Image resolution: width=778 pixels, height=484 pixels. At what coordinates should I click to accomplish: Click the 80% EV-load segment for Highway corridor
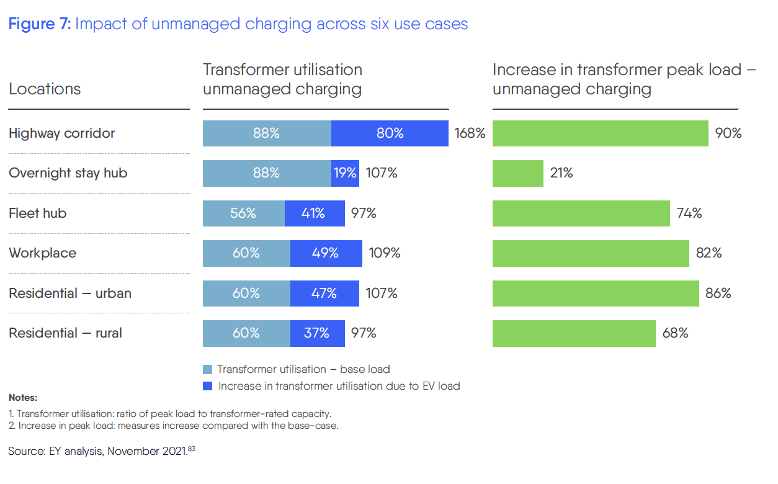point(390,133)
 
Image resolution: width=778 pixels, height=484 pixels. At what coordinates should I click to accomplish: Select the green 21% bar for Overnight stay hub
point(518,173)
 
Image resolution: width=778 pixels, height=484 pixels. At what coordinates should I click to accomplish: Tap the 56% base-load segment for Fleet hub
point(244,213)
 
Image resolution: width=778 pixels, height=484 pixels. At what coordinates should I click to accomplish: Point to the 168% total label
point(470,133)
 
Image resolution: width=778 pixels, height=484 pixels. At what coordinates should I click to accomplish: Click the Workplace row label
point(43,253)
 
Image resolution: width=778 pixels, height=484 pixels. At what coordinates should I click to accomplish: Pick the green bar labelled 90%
point(600,133)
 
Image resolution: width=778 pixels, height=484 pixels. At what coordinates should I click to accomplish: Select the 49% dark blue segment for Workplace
point(326,253)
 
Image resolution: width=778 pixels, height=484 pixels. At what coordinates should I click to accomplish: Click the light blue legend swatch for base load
point(208,369)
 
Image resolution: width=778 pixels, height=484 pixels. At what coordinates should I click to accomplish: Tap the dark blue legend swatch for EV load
point(208,386)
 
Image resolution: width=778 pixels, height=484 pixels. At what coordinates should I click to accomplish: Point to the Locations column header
point(45,89)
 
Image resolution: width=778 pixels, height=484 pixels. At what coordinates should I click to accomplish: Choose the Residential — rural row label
point(65,333)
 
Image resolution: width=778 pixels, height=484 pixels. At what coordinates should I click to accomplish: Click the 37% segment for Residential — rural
point(317,333)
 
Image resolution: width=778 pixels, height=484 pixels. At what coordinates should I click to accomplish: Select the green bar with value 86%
point(596,294)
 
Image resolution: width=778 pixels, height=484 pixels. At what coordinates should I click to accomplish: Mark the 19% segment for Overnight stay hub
point(345,173)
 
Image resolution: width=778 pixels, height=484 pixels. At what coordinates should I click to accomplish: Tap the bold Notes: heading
point(23,398)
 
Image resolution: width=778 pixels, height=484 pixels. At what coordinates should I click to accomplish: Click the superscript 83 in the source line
point(191,449)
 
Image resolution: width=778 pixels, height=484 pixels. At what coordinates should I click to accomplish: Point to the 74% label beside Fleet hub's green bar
point(689,213)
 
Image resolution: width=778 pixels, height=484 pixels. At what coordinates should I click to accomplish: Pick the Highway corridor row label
point(62,133)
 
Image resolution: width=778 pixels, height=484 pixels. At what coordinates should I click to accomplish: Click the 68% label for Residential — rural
point(675,333)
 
